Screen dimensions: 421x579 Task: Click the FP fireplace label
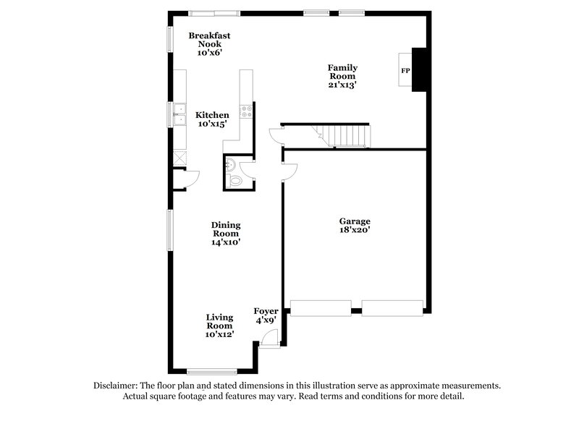tap(405, 71)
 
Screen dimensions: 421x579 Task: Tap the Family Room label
tap(342, 76)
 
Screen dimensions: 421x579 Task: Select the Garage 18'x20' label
tap(355, 225)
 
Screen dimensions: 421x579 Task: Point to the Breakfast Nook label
tap(206, 43)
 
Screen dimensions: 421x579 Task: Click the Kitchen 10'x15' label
tap(212, 119)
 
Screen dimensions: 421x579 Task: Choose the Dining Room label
tap(226, 234)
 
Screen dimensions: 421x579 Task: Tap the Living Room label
tap(219, 326)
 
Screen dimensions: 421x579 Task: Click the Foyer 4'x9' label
tap(266, 316)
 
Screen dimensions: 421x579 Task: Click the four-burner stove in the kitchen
tap(246, 112)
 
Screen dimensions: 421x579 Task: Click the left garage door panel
tap(321, 308)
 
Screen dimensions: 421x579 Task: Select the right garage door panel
tap(392, 308)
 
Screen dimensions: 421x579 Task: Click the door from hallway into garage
tap(287, 171)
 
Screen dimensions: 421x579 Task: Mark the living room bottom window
tap(212, 372)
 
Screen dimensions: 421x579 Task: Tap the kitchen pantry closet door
tap(190, 177)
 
